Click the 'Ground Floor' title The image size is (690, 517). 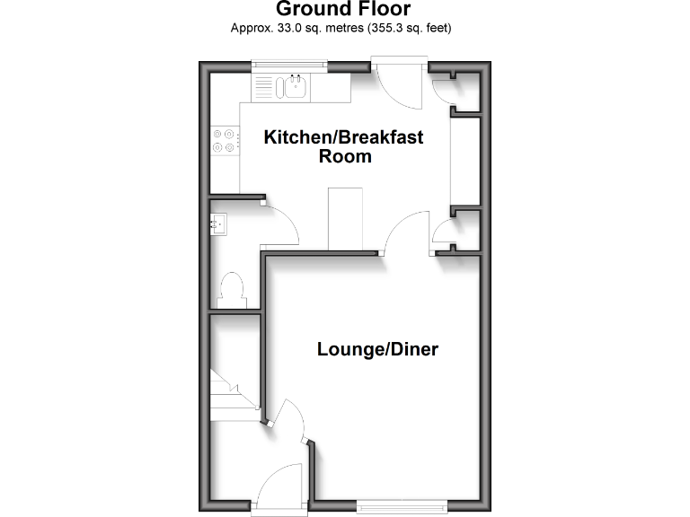[x=342, y=10]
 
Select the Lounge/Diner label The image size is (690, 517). [x=377, y=349]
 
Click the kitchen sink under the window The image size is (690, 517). [x=293, y=87]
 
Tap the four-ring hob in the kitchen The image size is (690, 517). [x=224, y=140]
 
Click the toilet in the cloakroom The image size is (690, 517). [x=233, y=289]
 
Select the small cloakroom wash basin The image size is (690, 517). [x=219, y=222]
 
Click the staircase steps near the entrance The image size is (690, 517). [x=225, y=395]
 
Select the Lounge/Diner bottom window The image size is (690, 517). [x=399, y=505]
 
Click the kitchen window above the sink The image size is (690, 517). [x=288, y=64]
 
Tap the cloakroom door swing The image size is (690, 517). [x=280, y=224]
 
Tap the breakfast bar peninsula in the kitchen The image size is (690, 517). [x=346, y=218]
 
